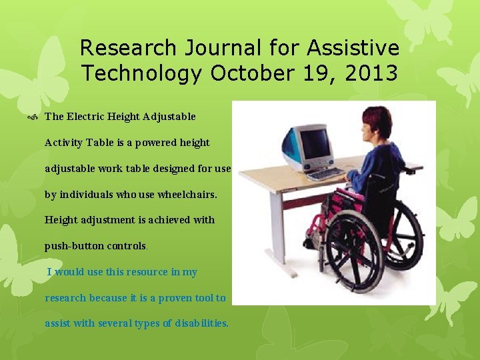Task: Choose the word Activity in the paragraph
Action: [x=65, y=143]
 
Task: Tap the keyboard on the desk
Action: [x=326, y=174]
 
